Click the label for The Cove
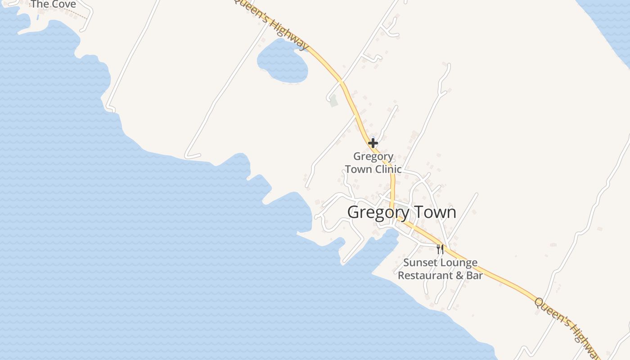53,4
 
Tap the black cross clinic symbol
373,144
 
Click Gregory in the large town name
378,212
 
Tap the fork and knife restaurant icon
440,249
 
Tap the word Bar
474,275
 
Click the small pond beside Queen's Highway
282,62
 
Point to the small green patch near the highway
333,101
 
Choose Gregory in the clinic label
373,157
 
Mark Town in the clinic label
358,169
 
